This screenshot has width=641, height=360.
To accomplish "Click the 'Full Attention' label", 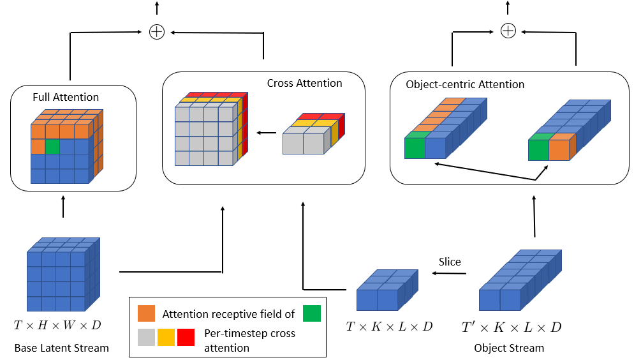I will tap(66, 98).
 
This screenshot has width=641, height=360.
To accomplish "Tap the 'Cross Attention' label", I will tap(304, 84).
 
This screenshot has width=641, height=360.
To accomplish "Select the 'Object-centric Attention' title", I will tap(465, 84).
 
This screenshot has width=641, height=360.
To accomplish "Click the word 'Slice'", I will tap(449, 262).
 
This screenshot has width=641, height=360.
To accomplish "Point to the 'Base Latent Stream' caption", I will tap(62, 348).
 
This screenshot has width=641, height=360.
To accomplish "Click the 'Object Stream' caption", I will tap(509, 348).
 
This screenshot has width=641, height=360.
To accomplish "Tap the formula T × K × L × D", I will tap(389, 326).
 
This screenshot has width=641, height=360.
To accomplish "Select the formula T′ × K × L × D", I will tap(512, 327).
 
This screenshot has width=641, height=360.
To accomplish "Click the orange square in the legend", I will tap(147, 313).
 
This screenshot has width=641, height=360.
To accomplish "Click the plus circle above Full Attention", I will tap(156, 31).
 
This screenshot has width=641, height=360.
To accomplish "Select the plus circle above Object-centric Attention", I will tap(508, 31).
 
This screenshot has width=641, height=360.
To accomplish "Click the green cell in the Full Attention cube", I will tap(52, 146).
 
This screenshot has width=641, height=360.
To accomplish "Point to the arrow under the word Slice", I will tap(449, 274).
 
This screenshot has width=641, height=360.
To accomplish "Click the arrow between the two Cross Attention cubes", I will tap(267, 133).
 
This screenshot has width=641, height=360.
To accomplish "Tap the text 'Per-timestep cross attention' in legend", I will tap(249, 341).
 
